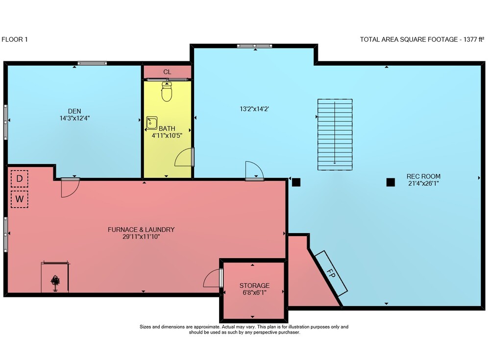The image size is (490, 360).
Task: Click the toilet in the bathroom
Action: coord(167,92)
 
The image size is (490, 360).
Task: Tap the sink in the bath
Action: coord(152,123)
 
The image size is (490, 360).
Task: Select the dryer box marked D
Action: coord(20,179)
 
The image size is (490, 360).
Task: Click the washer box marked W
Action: coord(20,199)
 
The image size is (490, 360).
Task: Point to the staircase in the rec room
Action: coord(335,135)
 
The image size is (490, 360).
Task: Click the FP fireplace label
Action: coord(331,274)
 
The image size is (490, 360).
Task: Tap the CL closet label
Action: coord(167,72)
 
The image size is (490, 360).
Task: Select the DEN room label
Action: coord(74,111)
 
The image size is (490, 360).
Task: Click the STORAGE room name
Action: coord(254,286)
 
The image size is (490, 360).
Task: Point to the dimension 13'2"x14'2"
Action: coord(254,109)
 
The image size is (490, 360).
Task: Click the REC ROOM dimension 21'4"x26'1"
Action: coord(423,184)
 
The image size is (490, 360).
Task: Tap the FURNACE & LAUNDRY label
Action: coord(141,230)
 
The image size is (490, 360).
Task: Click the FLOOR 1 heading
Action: coord(15,39)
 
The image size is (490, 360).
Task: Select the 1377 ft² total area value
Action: coord(474,39)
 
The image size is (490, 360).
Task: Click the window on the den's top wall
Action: coord(92,64)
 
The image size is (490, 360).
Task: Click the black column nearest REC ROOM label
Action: coord(391,182)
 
